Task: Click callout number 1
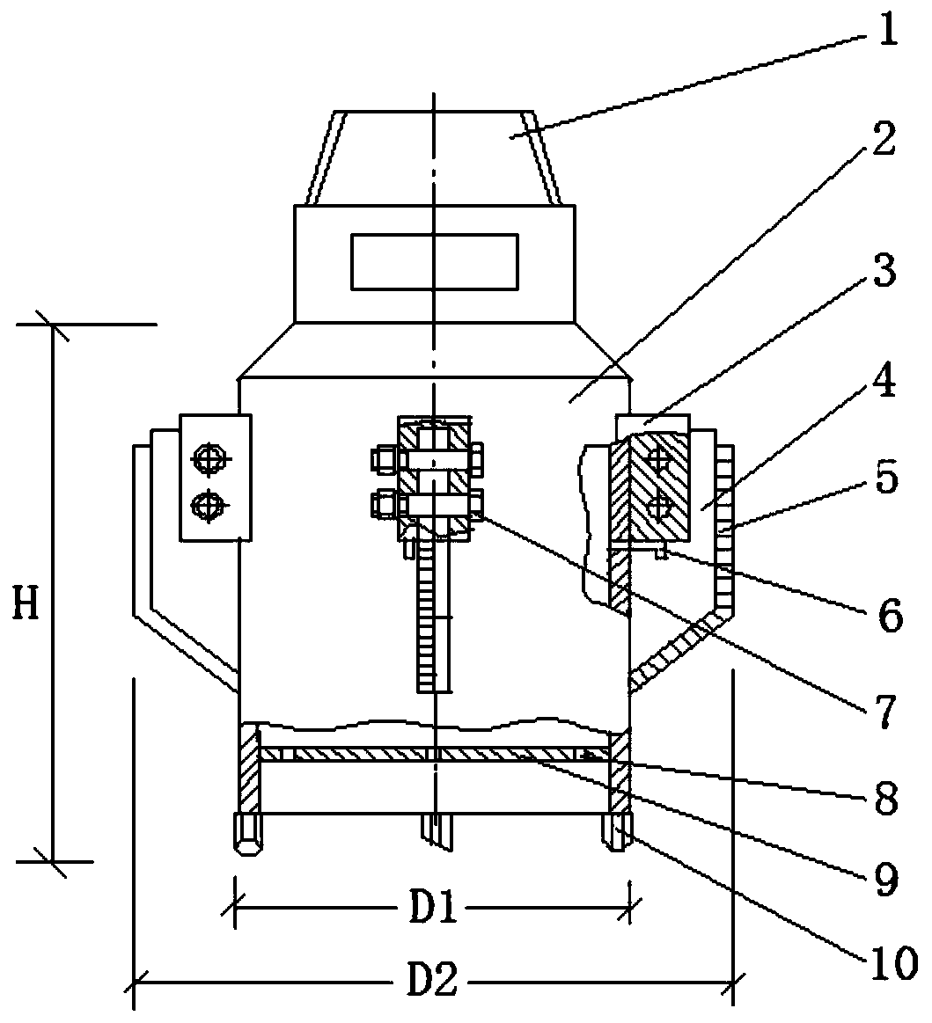885,29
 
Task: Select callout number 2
883,138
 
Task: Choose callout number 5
885,479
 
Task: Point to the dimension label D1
433,908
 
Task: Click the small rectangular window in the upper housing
435,261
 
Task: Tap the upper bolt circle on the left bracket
209,458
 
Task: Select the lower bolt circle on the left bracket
209,504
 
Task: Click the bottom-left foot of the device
248,832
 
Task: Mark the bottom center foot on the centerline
436,832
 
